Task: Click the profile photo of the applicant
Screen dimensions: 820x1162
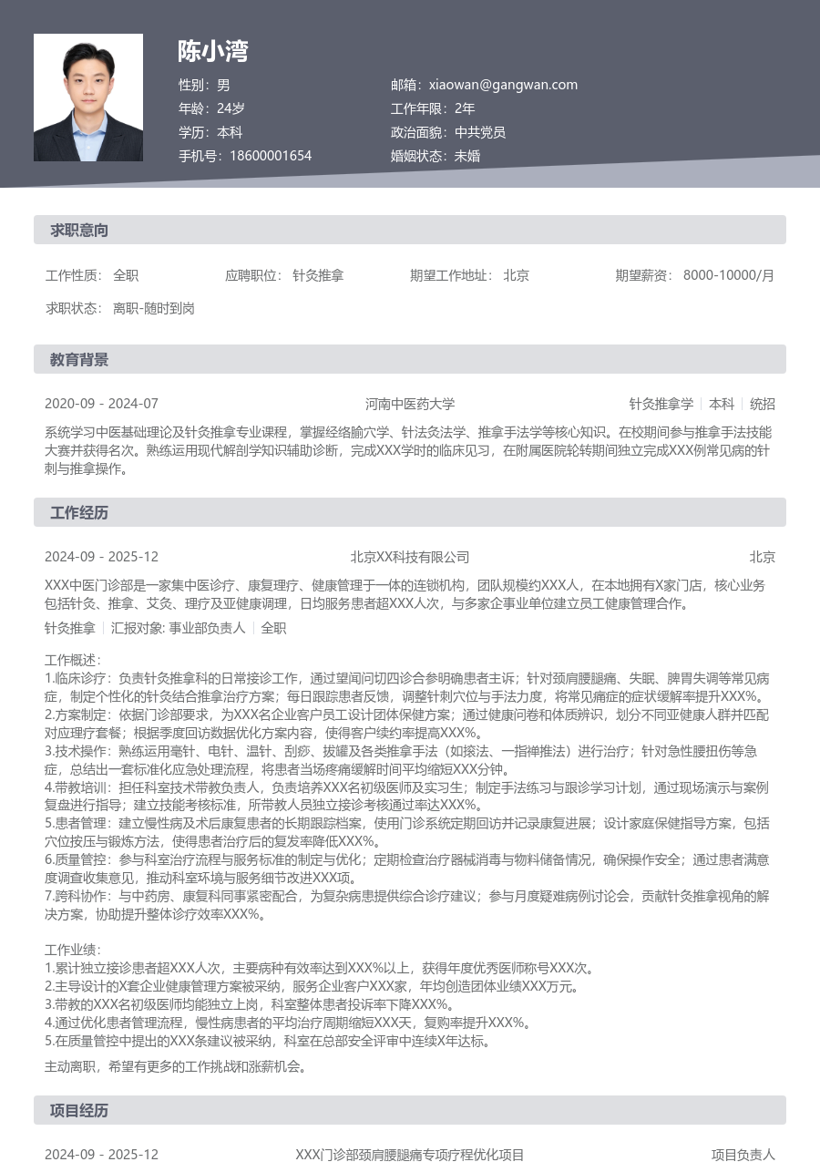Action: tap(88, 98)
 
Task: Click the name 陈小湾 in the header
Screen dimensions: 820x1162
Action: tap(212, 51)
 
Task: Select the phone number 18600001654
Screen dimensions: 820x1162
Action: tap(271, 156)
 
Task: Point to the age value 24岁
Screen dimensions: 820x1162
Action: tap(231, 108)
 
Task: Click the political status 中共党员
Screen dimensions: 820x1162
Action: tap(480, 132)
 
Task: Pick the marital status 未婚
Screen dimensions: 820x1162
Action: tap(467, 156)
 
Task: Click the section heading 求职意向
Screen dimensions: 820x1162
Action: tap(79, 231)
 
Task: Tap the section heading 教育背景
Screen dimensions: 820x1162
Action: tap(79, 360)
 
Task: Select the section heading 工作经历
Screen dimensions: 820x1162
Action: tap(79, 513)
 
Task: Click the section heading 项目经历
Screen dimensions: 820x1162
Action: tap(79, 1111)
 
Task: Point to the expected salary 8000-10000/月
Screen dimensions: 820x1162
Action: tap(729, 275)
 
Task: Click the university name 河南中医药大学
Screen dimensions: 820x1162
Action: tap(410, 404)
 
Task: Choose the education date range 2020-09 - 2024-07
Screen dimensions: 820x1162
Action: tap(101, 404)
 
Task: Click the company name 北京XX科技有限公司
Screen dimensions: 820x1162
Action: tap(410, 557)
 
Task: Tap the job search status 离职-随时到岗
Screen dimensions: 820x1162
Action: tap(154, 308)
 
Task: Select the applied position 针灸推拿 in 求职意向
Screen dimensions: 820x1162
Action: tap(318, 275)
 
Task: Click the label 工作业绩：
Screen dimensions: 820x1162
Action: tap(73, 951)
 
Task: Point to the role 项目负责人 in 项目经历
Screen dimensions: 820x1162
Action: tap(743, 1155)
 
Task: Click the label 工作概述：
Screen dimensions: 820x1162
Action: tap(73, 660)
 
